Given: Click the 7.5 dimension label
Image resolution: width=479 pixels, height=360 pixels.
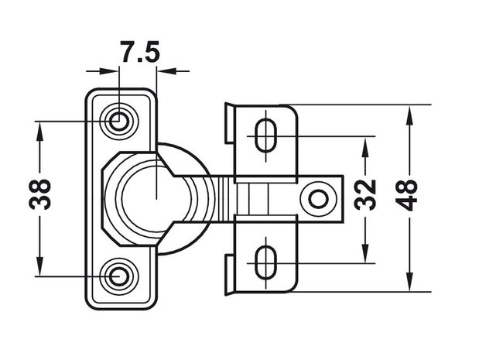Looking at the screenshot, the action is [140, 52].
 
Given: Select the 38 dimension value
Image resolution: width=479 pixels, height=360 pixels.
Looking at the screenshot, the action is [39, 194].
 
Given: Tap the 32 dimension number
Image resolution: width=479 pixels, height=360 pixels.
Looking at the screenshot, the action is [365, 195].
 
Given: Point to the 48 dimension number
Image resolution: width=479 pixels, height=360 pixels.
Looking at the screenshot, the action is [408, 196].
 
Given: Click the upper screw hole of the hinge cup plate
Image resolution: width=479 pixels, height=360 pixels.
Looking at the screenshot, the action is [118, 121].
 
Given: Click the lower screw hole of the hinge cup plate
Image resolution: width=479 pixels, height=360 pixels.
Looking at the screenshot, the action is [118, 276].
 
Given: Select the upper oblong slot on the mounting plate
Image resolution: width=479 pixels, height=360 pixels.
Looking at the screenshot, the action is [265, 136].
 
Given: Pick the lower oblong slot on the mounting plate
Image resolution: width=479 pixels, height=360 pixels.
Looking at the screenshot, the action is [265, 263].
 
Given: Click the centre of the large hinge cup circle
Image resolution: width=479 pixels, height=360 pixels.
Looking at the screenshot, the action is [156, 199].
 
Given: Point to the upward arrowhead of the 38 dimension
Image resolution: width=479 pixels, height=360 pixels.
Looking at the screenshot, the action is [39, 133].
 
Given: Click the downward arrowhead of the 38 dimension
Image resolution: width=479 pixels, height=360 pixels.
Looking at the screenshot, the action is [39, 265].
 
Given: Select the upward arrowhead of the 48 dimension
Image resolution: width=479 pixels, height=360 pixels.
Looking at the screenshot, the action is [409, 116].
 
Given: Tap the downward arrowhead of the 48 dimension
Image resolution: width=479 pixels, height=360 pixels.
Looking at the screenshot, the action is [409, 280].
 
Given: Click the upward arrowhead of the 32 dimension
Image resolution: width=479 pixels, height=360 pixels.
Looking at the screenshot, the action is [365, 147].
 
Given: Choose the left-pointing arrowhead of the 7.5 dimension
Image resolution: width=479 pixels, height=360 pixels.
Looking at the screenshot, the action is [167, 71].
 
